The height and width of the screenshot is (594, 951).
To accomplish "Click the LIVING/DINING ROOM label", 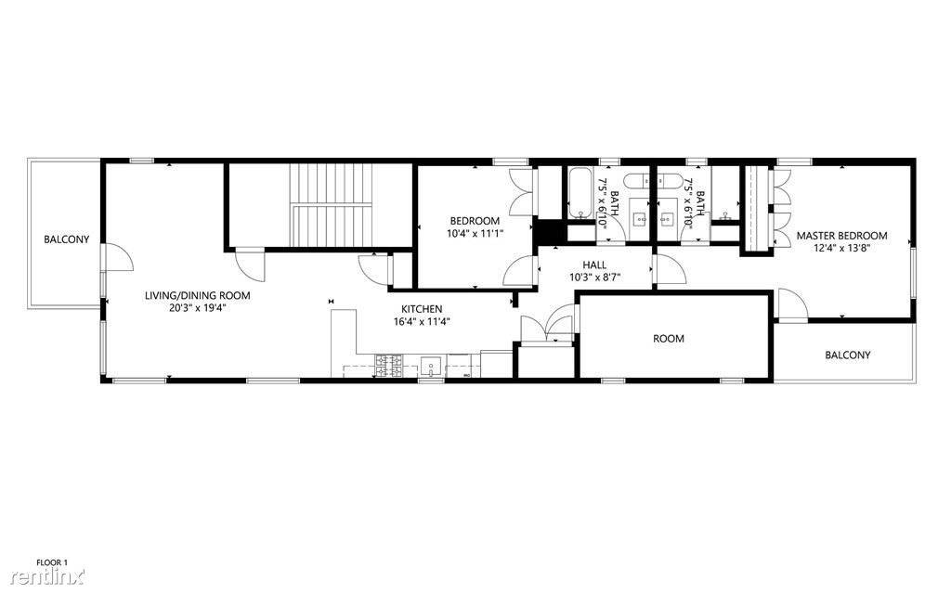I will pyautogui.click(x=197, y=296).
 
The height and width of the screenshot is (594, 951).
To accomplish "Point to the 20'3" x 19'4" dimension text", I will pyautogui.click(x=197, y=308).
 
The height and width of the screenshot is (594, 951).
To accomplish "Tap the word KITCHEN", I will pyautogui.click(x=422, y=309).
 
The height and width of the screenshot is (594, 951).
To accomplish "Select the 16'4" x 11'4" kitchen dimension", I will pyautogui.click(x=422, y=322).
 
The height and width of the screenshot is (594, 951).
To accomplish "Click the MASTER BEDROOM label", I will pyautogui.click(x=841, y=236).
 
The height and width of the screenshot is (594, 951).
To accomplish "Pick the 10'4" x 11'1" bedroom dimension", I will pyautogui.click(x=474, y=233).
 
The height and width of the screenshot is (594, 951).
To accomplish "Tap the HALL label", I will pyautogui.click(x=594, y=265).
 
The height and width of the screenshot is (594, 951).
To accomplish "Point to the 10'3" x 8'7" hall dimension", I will pyautogui.click(x=594, y=277).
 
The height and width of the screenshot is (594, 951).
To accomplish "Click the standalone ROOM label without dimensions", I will pyautogui.click(x=669, y=339).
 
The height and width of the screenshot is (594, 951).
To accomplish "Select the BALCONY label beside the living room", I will pyautogui.click(x=67, y=239).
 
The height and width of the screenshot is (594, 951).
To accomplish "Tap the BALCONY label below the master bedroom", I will pyautogui.click(x=847, y=355).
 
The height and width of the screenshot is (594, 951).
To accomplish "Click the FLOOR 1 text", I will pyautogui.click(x=52, y=562).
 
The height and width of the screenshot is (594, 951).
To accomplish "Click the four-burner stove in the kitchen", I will pyautogui.click(x=389, y=365).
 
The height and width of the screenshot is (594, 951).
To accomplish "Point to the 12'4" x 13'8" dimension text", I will pyautogui.click(x=841, y=248).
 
